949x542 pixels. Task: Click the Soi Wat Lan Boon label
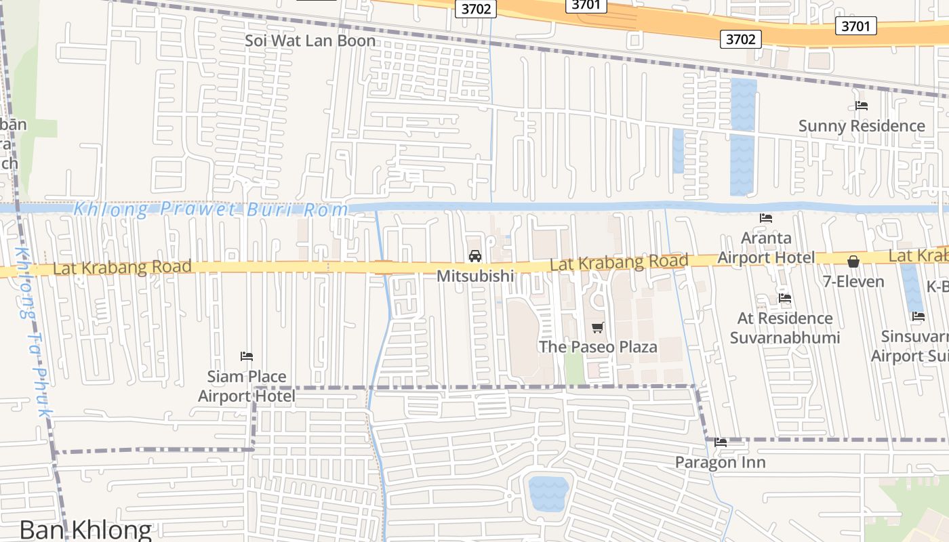pos(310,41)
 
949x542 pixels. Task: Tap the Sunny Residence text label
pos(861,126)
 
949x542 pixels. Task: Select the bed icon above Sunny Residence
pos(862,106)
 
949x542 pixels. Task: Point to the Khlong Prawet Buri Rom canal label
pos(210,209)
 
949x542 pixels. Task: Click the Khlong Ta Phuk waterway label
pos(33,332)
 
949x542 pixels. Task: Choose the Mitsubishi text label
pos(474,276)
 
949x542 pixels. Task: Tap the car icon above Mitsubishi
pos(475,256)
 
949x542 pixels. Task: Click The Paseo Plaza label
pos(597,347)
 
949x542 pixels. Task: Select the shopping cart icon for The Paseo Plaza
pos(597,328)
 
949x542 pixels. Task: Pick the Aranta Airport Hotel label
pos(766,248)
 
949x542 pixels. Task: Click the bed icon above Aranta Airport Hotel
pos(766,218)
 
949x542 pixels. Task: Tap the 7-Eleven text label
pos(853,281)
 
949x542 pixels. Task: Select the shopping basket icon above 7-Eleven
pos(853,262)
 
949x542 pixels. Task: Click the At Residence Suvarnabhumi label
pos(785,328)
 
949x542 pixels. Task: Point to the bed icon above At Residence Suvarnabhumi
pos(785,298)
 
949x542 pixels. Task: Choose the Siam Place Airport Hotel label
pos(246,386)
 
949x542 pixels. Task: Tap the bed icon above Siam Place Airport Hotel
pos(247,356)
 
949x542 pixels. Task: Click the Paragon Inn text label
pos(720,463)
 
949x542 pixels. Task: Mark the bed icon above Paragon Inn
pos(721,442)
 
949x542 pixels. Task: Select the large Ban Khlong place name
pos(85,530)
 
